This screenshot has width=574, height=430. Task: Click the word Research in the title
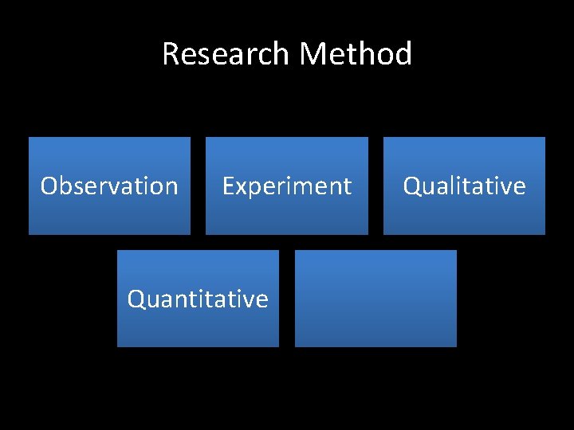(225, 54)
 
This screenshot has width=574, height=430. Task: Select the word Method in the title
(356, 54)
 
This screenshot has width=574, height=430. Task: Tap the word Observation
(109, 186)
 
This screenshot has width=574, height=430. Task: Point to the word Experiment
(286, 186)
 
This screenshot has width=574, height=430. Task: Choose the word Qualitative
(464, 186)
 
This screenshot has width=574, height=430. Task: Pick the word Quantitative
(198, 299)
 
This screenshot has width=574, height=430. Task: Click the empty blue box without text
(375, 299)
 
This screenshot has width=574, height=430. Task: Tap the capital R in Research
(171, 54)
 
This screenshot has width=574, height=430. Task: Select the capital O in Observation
(49, 186)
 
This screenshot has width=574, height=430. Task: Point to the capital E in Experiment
(228, 186)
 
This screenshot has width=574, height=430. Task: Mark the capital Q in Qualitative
(412, 186)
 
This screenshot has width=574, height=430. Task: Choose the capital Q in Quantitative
(136, 299)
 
